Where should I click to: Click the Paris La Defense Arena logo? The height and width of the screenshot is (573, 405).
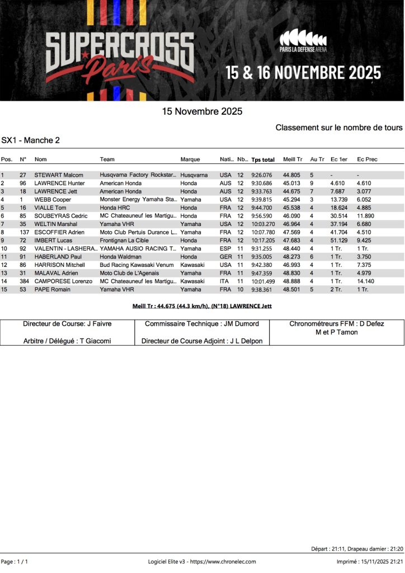[303, 42]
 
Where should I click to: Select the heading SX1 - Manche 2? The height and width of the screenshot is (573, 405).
[31, 140]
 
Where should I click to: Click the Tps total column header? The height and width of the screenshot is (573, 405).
[263, 159]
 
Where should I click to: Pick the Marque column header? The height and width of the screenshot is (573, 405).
[190, 159]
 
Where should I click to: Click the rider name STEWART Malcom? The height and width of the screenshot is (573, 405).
[59, 175]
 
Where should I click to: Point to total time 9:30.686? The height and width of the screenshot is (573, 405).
[262, 183]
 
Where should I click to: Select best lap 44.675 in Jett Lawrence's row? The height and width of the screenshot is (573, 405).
[291, 191]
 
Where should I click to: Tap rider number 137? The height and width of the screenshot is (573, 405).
[23, 232]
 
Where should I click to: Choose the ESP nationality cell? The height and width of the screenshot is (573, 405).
[225, 248]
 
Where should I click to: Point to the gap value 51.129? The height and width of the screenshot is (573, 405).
[338, 240]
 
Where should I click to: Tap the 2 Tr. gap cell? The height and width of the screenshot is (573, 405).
[337, 289]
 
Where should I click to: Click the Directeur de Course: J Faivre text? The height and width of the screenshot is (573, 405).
[67, 323]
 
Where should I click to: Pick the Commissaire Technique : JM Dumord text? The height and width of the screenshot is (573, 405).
[201, 323]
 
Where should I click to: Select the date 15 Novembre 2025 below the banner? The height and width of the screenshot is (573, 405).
[202, 111]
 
